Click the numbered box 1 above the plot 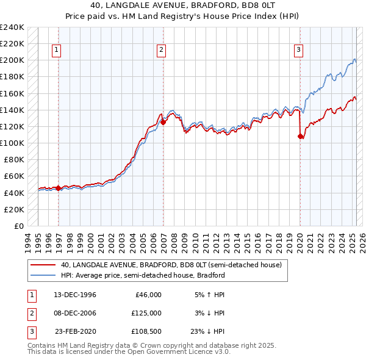click(x=56, y=51)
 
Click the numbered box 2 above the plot click(x=161, y=51)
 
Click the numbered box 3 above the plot click(x=299, y=51)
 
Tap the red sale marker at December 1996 click(x=59, y=188)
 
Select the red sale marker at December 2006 click(x=163, y=122)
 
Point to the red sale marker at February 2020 click(x=300, y=136)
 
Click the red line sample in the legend click(x=42, y=265)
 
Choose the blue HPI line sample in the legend click(x=42, y=275)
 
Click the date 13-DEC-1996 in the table click(x=74, y=295)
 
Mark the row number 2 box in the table click(x=31, y=313)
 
